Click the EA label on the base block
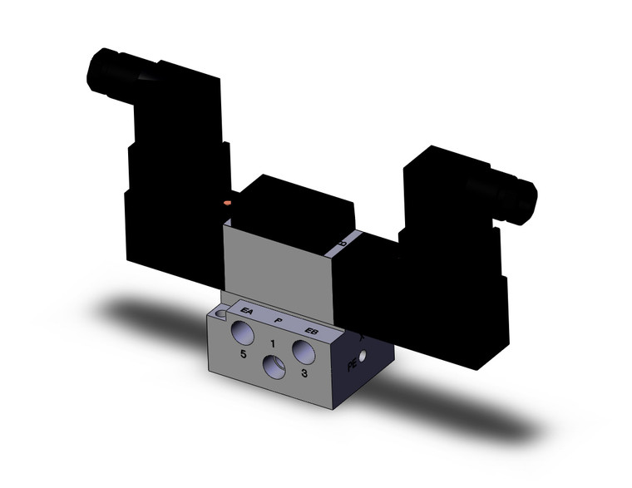[246, 311]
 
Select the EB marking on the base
[311, 330]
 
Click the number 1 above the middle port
[272, 343]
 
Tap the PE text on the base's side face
[350, 363]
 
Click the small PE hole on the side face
[362, 358]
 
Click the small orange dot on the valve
[227, 201]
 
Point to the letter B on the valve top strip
[342, 244]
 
